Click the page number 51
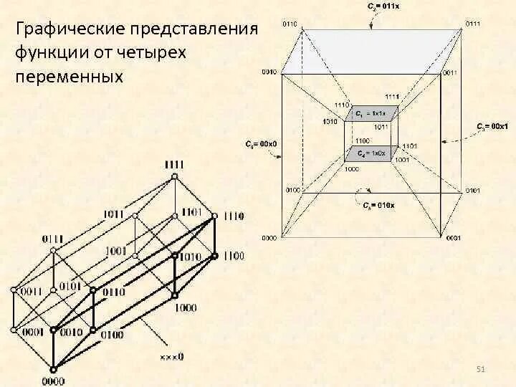[481, 368]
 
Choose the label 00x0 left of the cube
[264, 144]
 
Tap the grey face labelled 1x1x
[370, 113]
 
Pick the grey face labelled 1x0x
[370, 153]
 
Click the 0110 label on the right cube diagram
[290, 24]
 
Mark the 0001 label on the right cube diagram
[453, 237]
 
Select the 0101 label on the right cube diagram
[472, 191]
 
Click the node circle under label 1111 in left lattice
[173, 177]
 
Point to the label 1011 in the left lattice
[113, 214]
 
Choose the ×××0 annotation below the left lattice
[171, 355]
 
